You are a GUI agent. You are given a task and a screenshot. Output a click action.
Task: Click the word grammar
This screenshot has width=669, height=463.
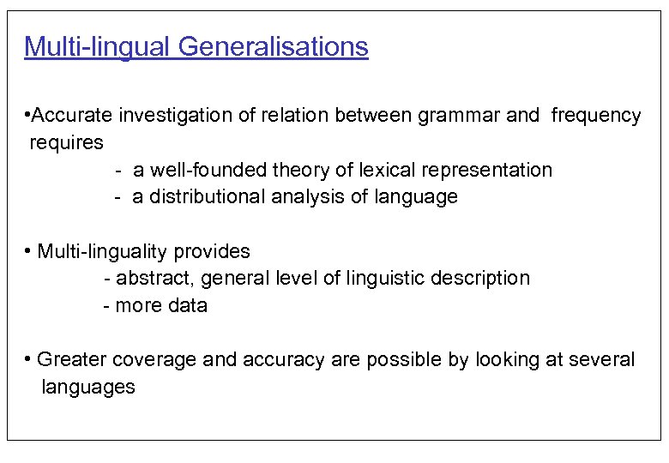460,115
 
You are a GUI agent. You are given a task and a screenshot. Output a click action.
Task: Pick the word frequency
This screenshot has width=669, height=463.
595,115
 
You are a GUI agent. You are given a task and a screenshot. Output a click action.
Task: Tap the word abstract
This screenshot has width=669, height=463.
152,279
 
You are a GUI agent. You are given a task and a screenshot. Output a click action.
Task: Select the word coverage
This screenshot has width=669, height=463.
142,360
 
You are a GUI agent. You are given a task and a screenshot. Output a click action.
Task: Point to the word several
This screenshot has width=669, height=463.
604,360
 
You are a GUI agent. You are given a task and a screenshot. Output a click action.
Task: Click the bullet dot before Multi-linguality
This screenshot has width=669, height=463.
28,251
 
